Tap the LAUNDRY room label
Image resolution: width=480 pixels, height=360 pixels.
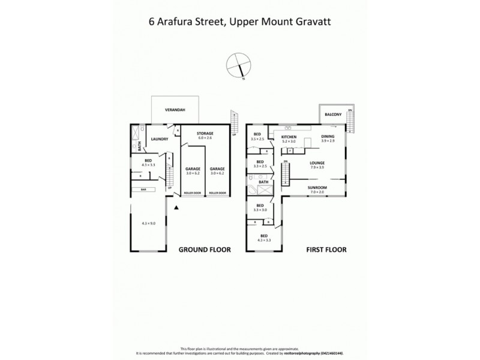click(160, 140)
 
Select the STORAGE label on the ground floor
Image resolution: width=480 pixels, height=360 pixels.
click(205, 133)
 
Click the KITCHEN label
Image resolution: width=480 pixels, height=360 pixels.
click(289, 137)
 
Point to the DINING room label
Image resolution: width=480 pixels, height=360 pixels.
click(328, 136)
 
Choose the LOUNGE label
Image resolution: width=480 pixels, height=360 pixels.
click(317, 163)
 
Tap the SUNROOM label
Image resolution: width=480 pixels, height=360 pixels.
click(317, 187)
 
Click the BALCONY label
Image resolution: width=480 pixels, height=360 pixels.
click(333, 114)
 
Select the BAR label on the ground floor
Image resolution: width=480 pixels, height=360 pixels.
click(143, 190)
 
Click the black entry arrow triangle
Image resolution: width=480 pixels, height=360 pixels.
click(176, 208)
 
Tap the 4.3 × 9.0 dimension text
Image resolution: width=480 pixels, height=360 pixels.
click(148, 223)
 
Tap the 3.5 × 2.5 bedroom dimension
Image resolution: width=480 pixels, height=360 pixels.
click(258, 139)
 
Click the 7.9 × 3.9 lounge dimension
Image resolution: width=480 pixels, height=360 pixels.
click(317, 167)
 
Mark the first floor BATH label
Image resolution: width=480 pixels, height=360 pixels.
click(263, 181)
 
